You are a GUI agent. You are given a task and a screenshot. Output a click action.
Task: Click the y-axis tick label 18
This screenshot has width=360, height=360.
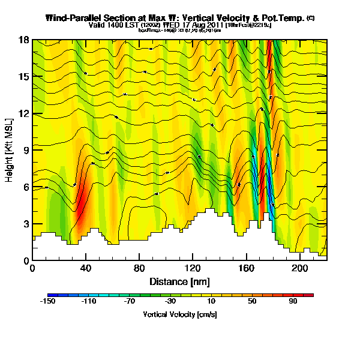pyautogui.click(x=24, y=40)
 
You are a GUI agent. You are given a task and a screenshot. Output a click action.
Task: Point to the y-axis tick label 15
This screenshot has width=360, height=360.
pyautogui.click(x=24, y=77)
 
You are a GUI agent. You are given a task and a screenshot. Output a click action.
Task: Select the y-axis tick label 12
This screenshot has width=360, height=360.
pyautogui.click(x=24, y=113)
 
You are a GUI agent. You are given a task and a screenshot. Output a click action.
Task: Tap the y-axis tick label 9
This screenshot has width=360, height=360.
pyautogui.click(x=26, y=151)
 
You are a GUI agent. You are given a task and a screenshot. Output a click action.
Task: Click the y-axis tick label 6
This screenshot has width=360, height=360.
pyautogui.click(x=26, y=187)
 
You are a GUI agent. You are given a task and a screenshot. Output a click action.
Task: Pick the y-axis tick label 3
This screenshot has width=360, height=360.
pyautogui.click(x=26, y=224)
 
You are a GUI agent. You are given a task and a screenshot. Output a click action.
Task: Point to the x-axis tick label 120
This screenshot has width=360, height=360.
pyautogui.click(x=193, y=268)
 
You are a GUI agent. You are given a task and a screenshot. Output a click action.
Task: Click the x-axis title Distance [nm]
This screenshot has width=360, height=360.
pyautogui.click(x=179, y=281)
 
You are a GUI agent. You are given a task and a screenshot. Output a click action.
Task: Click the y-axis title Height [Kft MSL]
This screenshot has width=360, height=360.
pyautogui.click(x=10, y=151)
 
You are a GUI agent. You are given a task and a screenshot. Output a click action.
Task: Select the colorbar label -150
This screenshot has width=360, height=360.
pyautogui.click(x=47, y=302)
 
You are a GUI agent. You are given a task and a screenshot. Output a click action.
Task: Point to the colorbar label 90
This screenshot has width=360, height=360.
pyautogui.click(x=293, y=302)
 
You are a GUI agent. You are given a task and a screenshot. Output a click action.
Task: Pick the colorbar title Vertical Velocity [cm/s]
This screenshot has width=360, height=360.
pyautogui.click(x=180, y=314)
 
